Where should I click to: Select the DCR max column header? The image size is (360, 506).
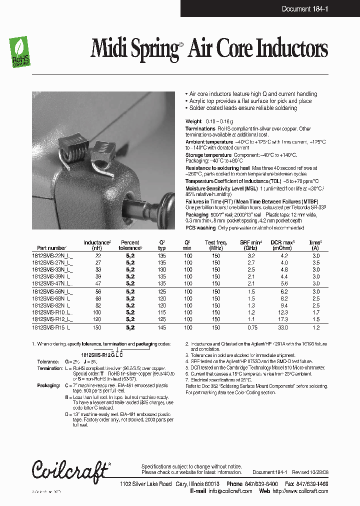tap(283, 245)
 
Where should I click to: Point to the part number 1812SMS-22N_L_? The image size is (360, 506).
tap(52, 255)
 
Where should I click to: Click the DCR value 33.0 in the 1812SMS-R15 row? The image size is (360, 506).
tap(283, 328)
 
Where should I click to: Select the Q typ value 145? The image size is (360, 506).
tap(161, 328)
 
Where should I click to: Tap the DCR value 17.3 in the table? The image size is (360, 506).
tap(283, 318)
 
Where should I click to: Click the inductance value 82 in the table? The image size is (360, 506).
tap(97, 305)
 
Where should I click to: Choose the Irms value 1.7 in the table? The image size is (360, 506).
tap(315, 312)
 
